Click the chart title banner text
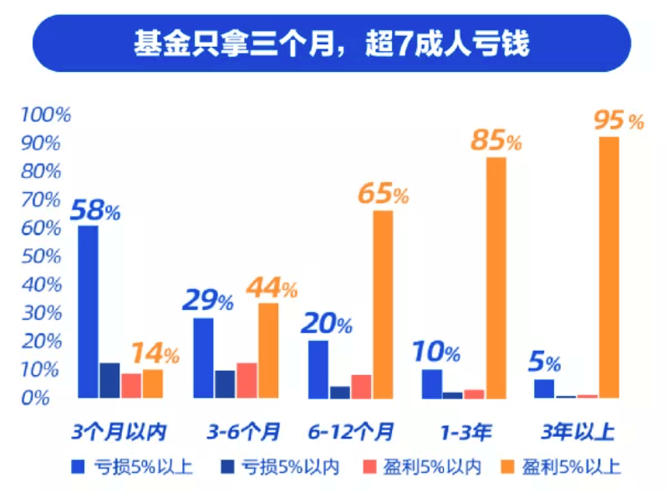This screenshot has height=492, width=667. pyautogui.click(x=332, y=43)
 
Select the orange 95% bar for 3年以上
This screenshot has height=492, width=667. pyautogui.click(x=608, y=267)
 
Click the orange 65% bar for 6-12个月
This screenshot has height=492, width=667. pyautogui.click(x=382, y=304)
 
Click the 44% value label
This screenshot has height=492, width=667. pyautogui.click(x=272, y=289)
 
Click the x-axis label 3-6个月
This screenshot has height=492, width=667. pyautogui.click(x=243, y=432)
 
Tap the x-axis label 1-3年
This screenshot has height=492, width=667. pyautogui.click(x=466, y=432)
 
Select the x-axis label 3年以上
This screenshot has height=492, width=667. pyautogui.click(x=578, y=432)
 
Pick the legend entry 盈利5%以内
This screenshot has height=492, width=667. pyautogui.click(x=435, y=466)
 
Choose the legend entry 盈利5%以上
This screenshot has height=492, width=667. pyautogui.click(x=572, y=466)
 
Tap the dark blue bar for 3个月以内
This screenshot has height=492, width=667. pyautogui.click(x=109, y=380)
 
